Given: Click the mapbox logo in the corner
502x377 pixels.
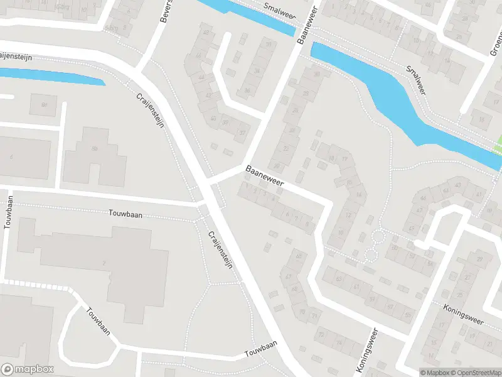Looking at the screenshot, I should click(28, 369).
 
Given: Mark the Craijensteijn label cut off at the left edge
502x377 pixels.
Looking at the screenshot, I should click(16, 57).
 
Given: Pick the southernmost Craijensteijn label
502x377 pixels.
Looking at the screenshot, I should click(220, 250).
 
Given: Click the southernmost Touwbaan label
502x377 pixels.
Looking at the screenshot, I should click(261, 351).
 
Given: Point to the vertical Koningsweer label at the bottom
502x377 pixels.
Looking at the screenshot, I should click(369, 351).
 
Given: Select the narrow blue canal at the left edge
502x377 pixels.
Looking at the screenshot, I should click(50, 76).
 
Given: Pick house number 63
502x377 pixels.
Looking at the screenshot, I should click(339, 278).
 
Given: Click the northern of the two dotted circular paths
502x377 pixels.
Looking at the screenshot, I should click(378, 237).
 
